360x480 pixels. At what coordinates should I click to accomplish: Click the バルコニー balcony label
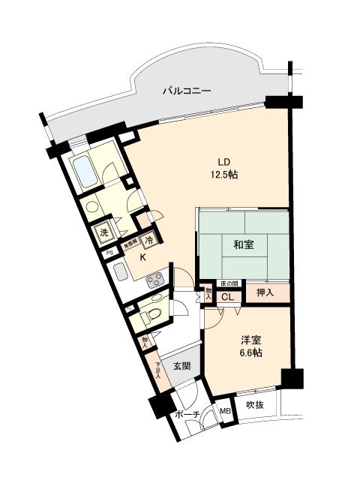click(187, 91)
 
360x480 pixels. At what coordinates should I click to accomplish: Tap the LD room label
click(223, 163)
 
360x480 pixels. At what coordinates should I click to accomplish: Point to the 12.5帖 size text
click(223, 175)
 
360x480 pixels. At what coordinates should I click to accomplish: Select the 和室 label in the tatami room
click(243, 244)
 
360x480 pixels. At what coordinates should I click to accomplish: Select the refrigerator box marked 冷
click(148, 241)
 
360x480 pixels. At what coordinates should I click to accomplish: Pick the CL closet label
click(227, 297)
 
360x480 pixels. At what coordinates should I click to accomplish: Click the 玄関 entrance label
click(181, 366)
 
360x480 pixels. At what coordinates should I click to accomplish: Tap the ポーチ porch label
click(186, 415)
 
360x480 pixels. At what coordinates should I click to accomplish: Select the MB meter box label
click(225, 411)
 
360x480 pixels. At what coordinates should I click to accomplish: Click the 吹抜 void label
click(256, 405)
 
